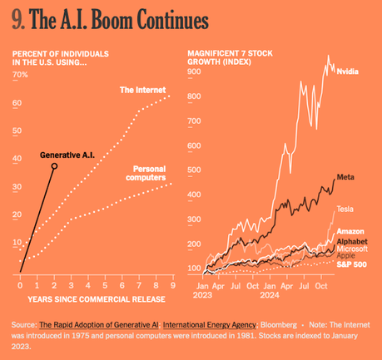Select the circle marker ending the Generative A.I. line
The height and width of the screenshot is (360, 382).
54,166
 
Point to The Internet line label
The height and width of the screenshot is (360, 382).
143,90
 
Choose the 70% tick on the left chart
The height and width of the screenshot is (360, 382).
20,75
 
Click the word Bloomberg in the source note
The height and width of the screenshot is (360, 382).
281,323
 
